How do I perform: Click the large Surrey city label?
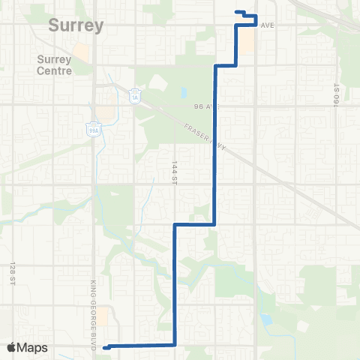[x=76, y=25]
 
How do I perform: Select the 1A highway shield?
[x=135, y=97]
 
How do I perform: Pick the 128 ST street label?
[x=13, y=273]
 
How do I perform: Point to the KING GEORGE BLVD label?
[x=95, y=304]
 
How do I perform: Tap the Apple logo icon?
[x=11, y=347]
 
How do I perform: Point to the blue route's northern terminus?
[x=237, y=11]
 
